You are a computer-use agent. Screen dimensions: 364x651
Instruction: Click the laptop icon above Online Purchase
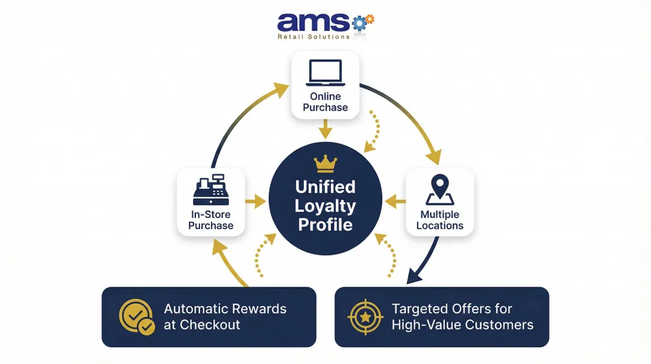coord(325,72)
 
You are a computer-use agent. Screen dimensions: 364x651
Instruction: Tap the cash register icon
coord(210,190)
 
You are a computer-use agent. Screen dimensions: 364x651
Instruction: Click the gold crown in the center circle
coord(325,164)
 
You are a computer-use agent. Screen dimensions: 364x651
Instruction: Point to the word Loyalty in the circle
coord(325,206)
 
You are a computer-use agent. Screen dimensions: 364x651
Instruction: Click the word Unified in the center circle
coord(325,187)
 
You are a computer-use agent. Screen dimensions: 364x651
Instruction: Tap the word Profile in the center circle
coord(325,225)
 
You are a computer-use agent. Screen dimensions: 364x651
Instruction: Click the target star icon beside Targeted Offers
coord(365,317)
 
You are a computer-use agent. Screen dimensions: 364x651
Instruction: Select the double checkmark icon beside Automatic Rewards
coord(137,317)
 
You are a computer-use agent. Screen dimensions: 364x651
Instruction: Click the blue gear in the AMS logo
coord(359,23)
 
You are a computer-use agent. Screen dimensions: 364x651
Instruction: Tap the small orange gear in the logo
coord(370,19)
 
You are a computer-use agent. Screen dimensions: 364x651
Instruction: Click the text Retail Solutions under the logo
coord(313,37)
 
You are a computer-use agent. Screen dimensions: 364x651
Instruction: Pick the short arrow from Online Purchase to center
coord(325,129)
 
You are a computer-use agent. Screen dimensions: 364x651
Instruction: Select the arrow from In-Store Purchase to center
coord(256,202)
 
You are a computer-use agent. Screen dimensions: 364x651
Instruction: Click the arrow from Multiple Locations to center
coord(395,202)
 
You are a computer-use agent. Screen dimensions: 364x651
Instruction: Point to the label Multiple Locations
coord(440,220)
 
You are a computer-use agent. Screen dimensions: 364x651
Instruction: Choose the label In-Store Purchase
coord(210,220)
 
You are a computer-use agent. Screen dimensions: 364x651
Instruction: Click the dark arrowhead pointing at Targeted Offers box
coord(412,277)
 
